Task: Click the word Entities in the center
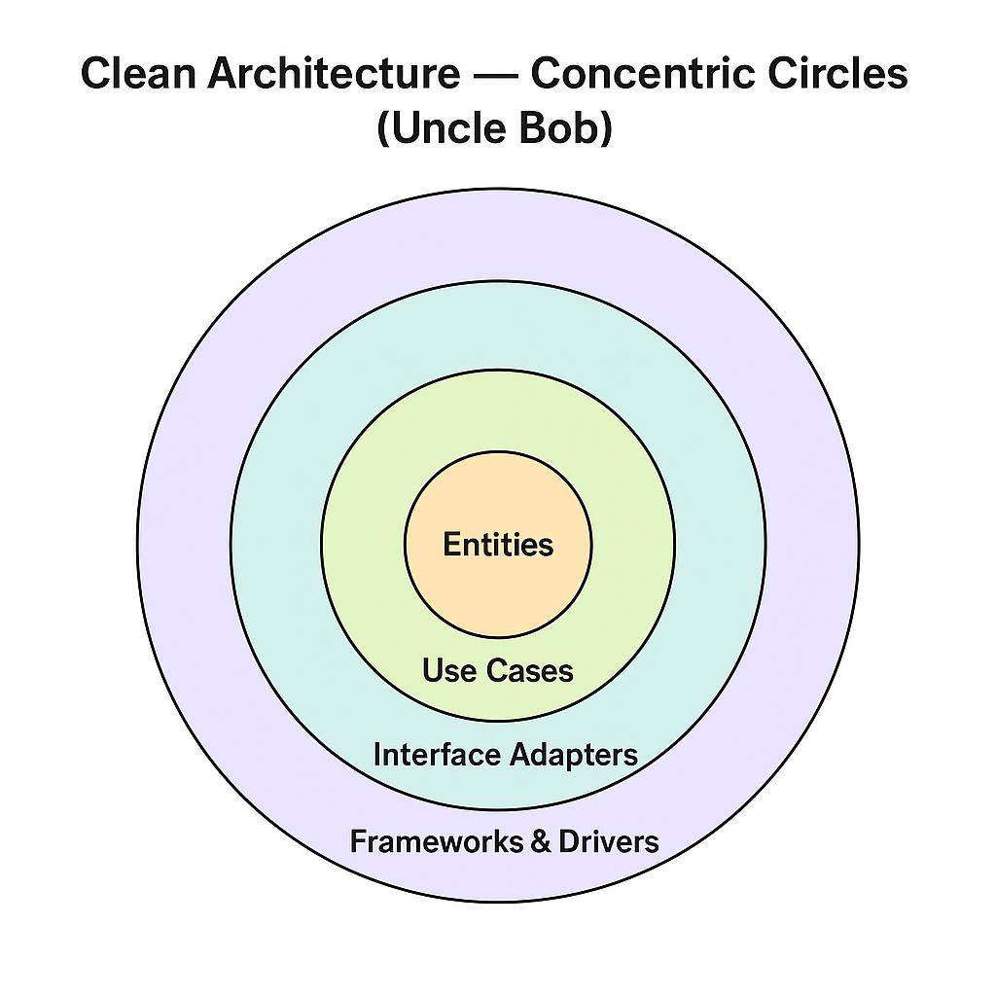click(x=498, y=545)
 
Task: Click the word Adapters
click(x=572, y=756)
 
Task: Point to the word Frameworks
click(x=436, y=841)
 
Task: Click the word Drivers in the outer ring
click(x=608, y=841)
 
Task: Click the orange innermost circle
click(x=498, y=593)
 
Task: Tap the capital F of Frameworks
click(x=357, y=841)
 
